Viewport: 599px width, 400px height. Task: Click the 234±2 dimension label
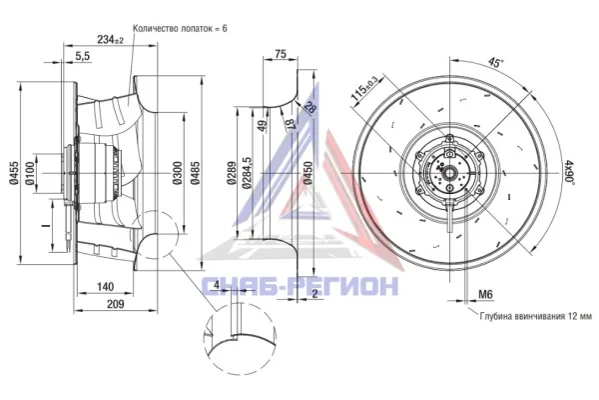110,39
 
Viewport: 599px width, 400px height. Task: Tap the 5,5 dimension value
82,56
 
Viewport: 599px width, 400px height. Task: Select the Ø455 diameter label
14,173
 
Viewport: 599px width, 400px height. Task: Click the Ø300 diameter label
177,173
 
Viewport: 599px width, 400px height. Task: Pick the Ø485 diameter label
196,173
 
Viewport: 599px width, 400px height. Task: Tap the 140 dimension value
106,286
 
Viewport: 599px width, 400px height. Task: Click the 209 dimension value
115,304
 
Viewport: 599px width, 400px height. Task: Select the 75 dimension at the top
281,54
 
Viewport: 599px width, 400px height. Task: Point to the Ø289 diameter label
232,174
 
